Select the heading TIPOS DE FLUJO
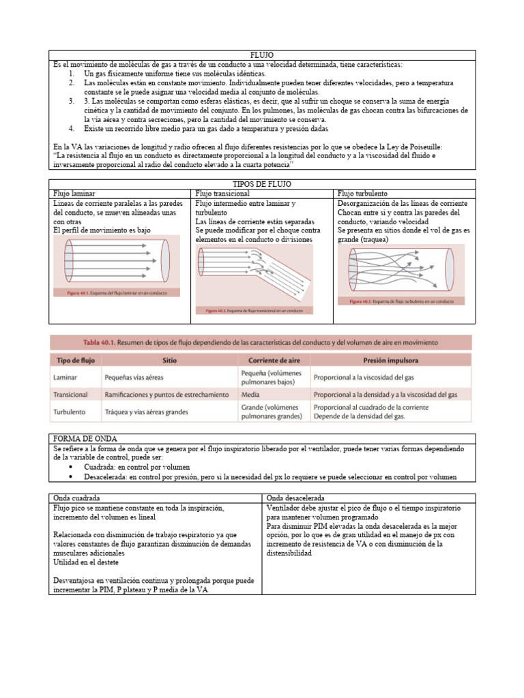pyautogui.click(x=261, y=185)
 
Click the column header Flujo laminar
pyautogui.click(x=76, y=194)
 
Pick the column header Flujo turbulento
pyautogui.click(x=368, y=194)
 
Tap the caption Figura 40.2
pyautogui.click(x=362, y=301)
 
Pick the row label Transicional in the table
pyautogui.click(x=70, y=394)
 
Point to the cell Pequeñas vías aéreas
pyautogui.click(x=134, y=376)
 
